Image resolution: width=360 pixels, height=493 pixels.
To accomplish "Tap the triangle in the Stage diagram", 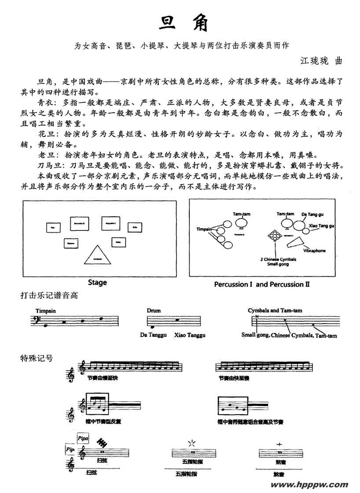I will coord(98,255).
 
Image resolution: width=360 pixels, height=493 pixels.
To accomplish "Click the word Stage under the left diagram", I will coord(97,282).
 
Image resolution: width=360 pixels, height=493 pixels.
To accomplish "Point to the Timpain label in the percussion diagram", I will coord(205,230).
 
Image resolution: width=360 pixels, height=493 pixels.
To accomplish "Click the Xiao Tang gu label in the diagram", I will coord(322,226).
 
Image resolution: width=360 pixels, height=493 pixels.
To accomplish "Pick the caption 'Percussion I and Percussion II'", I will coord(262,284).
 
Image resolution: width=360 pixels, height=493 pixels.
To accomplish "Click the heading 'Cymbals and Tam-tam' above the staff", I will coord(275,310).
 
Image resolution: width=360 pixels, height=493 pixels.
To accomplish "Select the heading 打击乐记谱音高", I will coord(49,296).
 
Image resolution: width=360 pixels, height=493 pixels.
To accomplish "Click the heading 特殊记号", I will coord(37,358).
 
